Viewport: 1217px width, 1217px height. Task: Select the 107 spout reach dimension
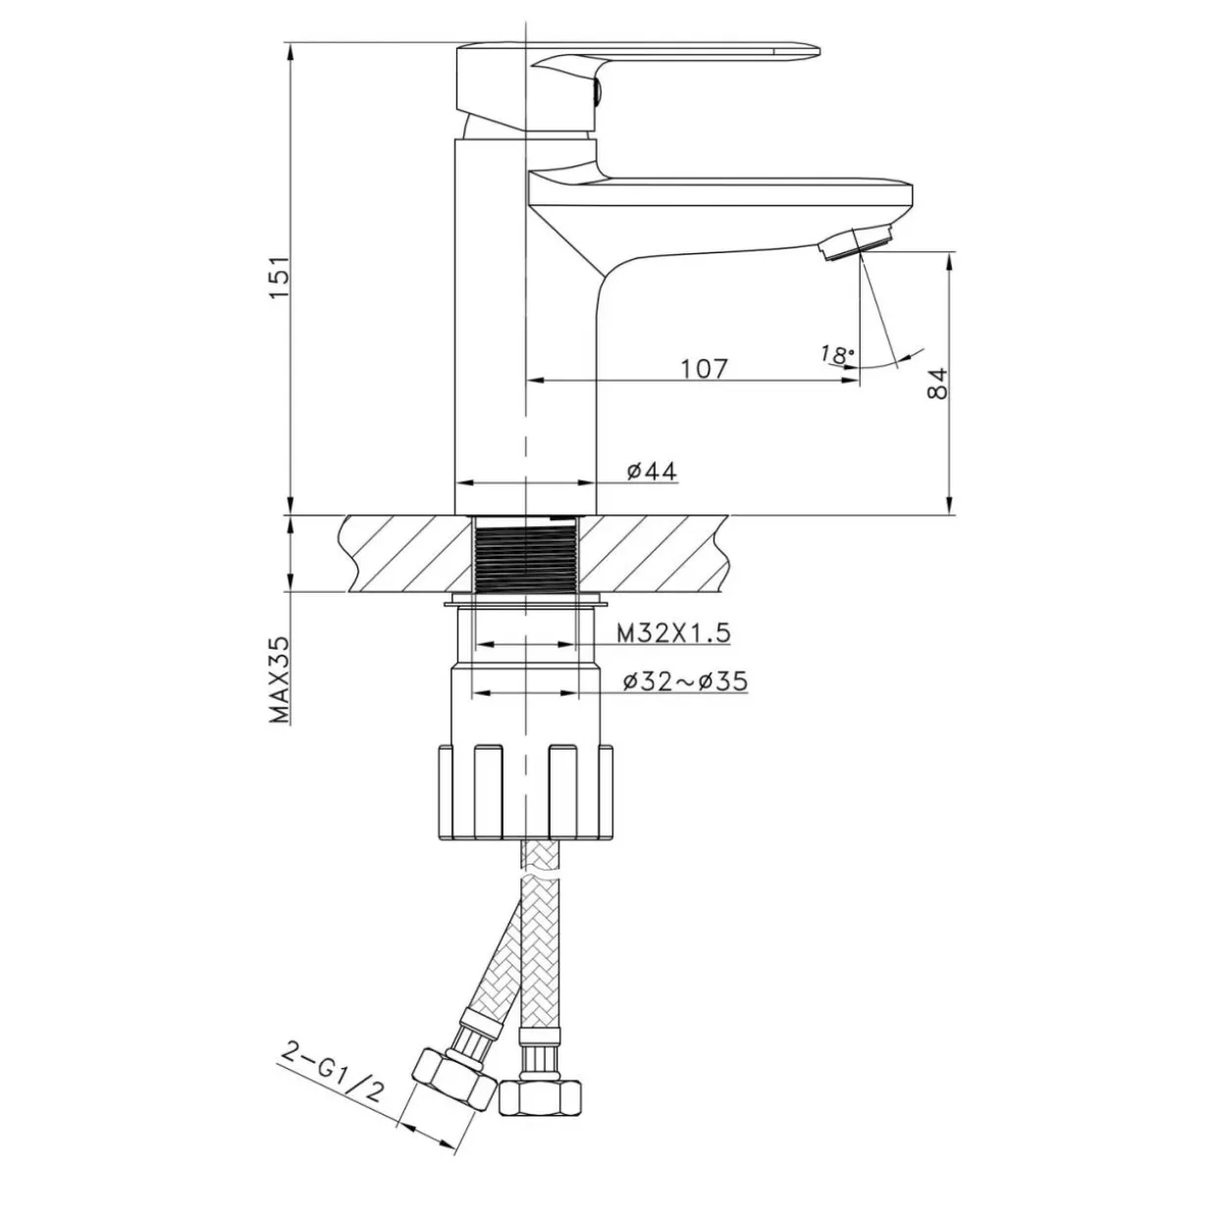pos(704,369)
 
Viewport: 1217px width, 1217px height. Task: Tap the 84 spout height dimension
pos(938,383)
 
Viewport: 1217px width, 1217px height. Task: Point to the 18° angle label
pos(837,355)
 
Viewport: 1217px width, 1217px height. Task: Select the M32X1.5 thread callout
pos(673,632)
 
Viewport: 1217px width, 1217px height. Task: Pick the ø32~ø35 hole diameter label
pos(685,681)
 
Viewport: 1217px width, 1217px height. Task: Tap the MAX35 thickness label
pos(279,679)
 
